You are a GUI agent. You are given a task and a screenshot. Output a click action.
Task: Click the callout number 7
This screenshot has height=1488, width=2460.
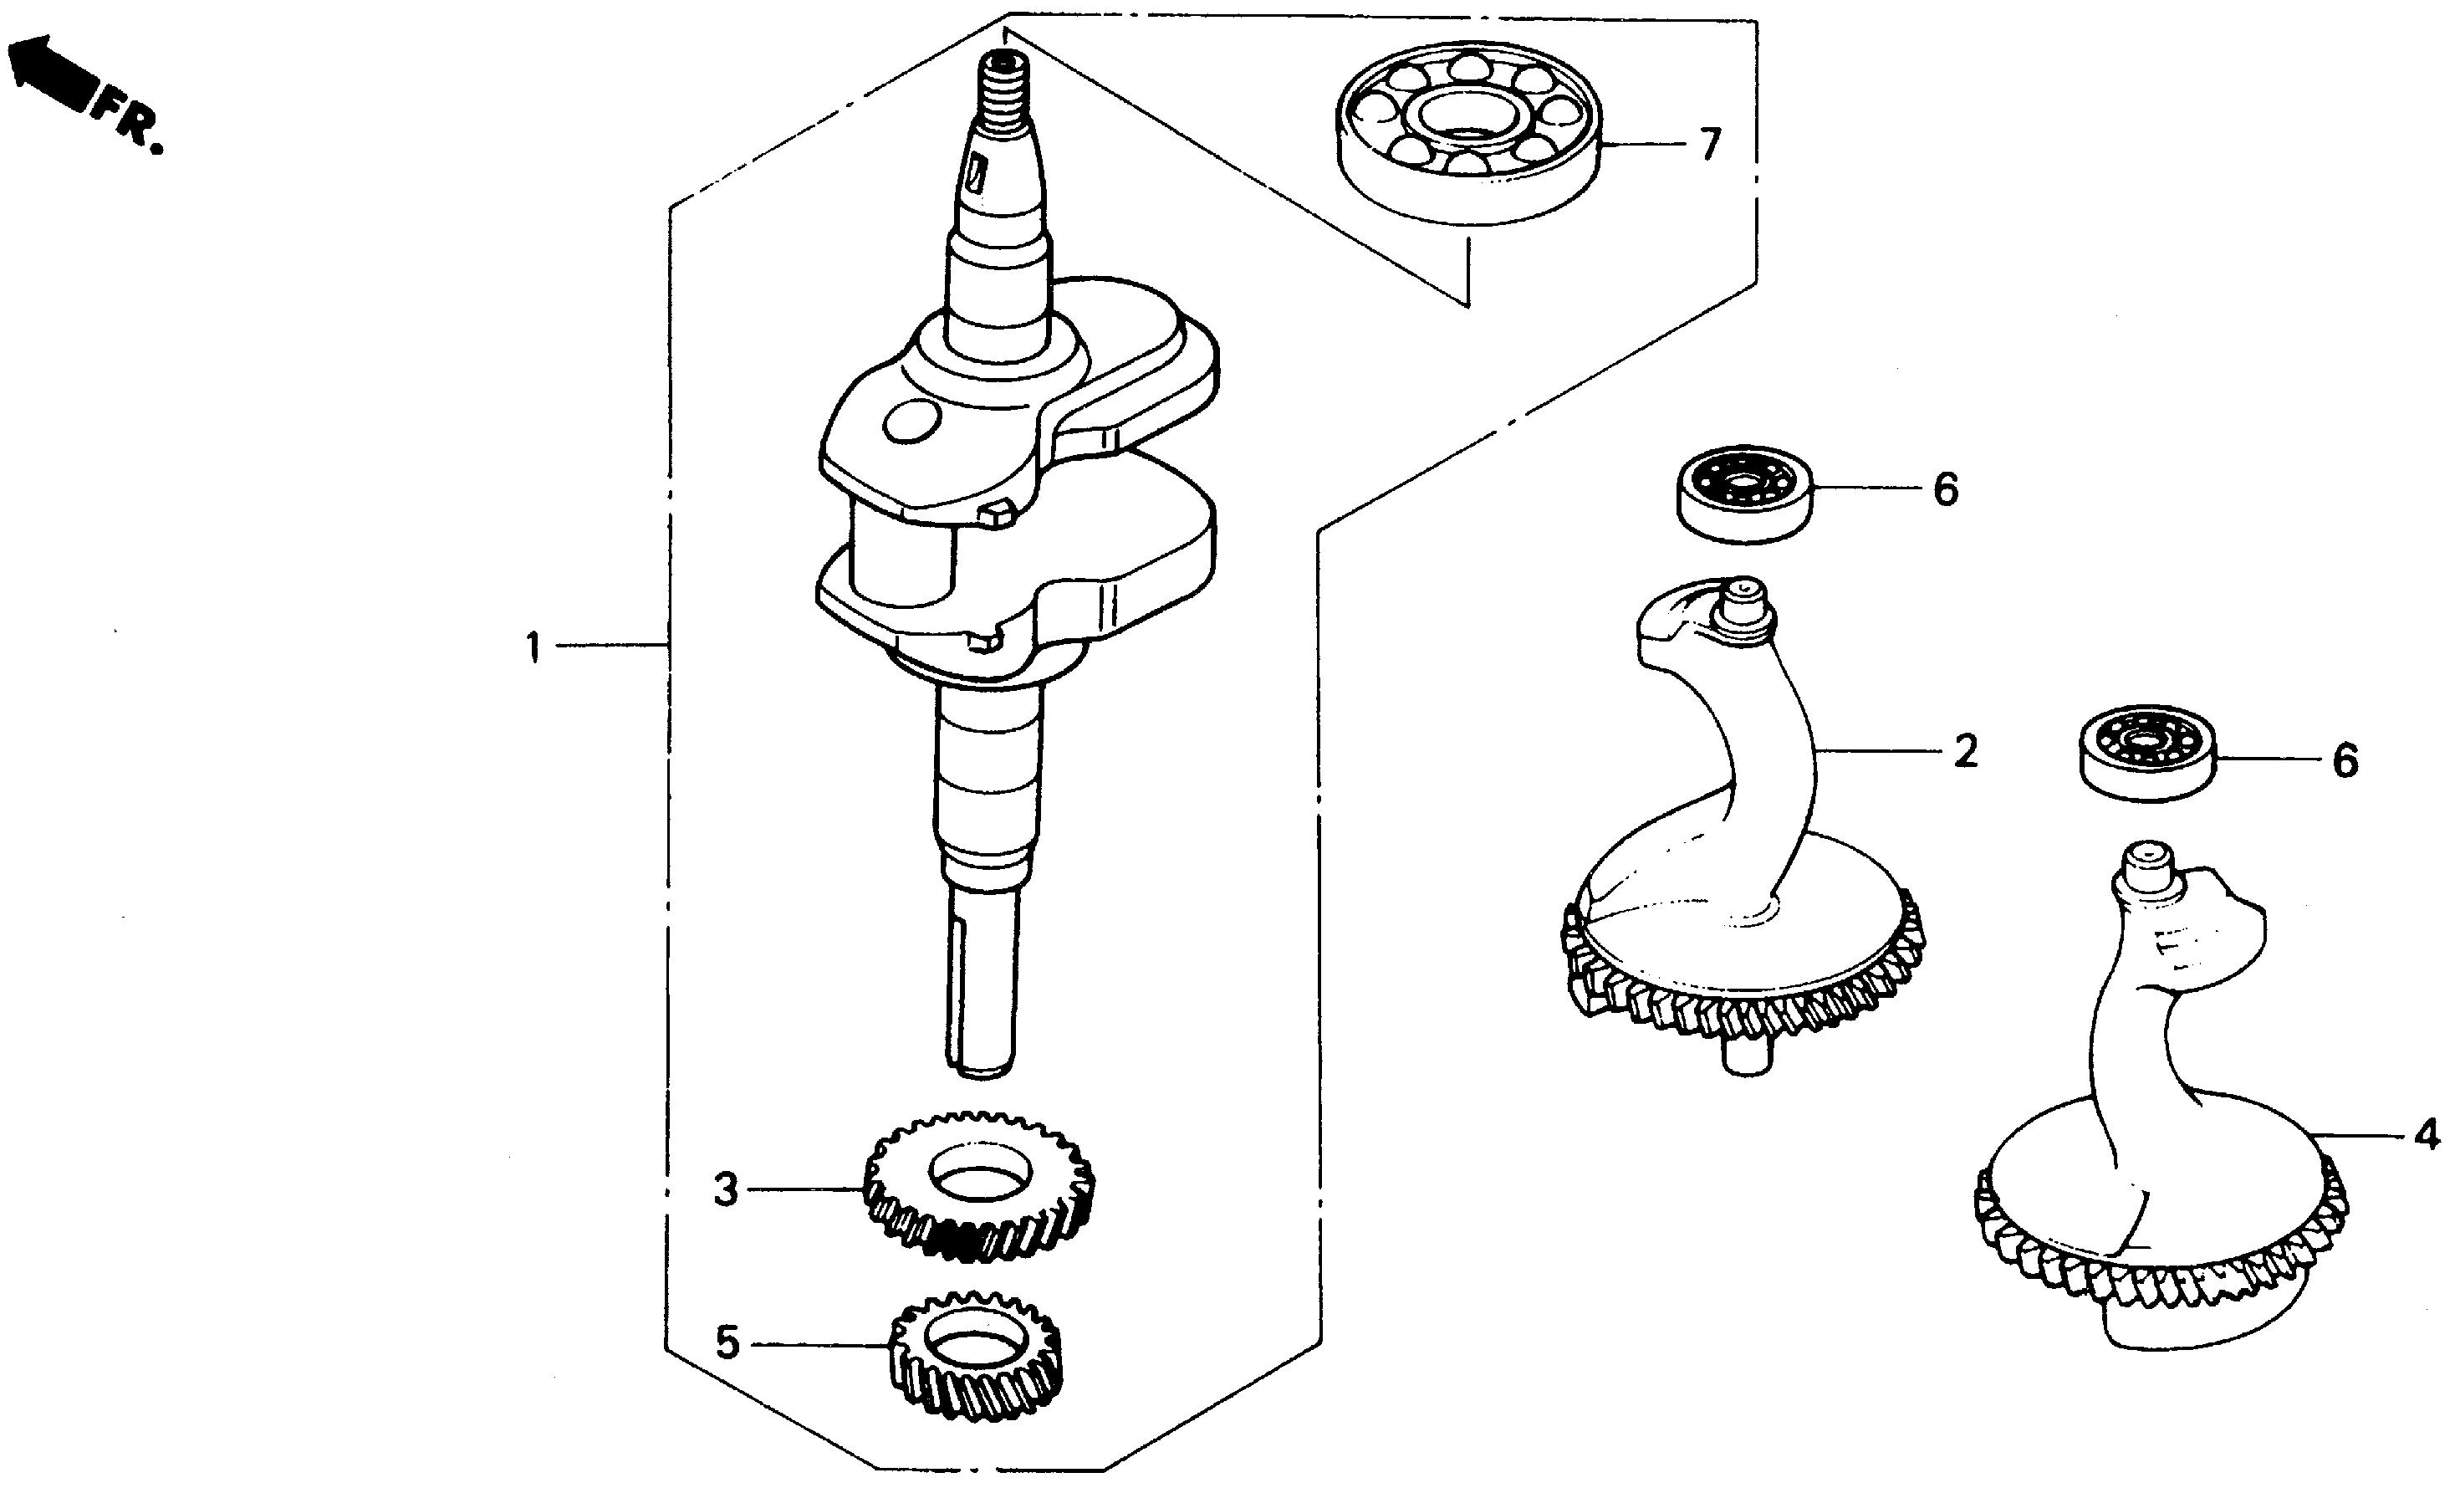coord(1710,146)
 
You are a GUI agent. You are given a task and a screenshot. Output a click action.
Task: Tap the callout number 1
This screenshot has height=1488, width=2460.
coord(533,648)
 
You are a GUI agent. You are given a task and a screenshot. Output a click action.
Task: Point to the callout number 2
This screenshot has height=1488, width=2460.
coord(1965,752)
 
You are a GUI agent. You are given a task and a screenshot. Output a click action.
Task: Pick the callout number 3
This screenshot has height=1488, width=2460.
coord(726,1190)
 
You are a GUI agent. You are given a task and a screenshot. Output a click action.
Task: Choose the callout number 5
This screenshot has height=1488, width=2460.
coord(727,1344)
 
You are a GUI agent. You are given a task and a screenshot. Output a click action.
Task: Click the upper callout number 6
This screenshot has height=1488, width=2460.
coord(1946,490)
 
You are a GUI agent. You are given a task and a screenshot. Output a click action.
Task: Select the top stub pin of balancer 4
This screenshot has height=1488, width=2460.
coord(2142,865)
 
